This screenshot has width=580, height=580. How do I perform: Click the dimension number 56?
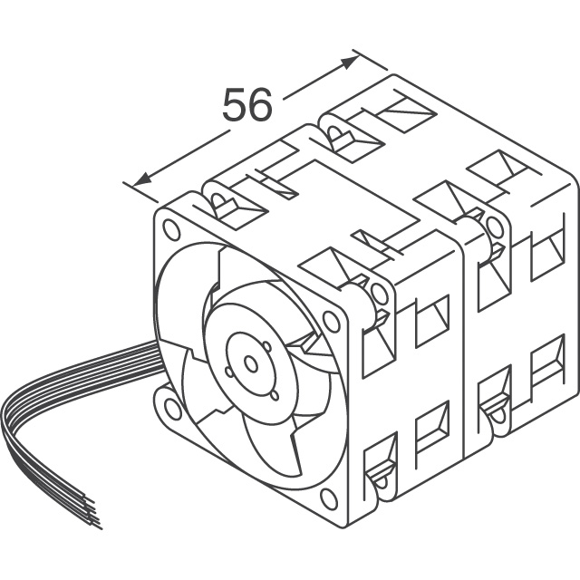pyautogui.click(x=246, y=106)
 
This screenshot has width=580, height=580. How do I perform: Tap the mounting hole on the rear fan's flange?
pyautogui.click(x=494, y=227)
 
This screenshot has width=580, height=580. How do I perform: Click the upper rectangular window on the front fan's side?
pyautogui.click(x=432, y=322)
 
